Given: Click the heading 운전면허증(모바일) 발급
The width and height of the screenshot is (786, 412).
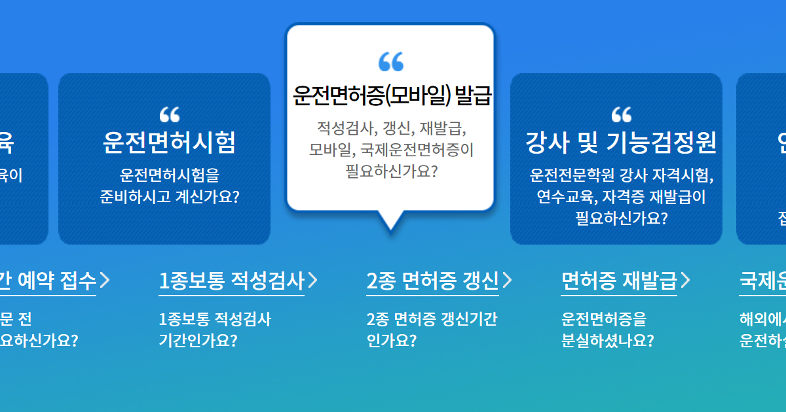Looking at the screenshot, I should tap(392, 96).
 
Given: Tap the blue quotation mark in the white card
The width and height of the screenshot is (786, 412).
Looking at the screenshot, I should tap(391, 61).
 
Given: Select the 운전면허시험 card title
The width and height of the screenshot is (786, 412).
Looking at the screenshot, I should tap(169, 142).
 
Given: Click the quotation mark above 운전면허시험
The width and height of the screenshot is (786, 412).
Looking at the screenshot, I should tap(169, 115).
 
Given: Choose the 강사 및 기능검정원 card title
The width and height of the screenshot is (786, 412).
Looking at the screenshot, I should tap(621, 142).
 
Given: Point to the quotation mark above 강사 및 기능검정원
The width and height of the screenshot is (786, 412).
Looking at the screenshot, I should tap(621, 115).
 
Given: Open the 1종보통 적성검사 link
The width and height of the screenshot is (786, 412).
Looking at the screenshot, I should tap(232, 281).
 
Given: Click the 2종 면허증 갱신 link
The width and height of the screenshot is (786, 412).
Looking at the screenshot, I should tap(432, 281).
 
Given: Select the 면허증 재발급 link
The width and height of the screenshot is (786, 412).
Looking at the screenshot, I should tap(618, 281).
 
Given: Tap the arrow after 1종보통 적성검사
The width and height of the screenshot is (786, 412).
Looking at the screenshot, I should tap(313, 281).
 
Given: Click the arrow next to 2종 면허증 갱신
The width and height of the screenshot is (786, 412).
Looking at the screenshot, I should tap(508, 281).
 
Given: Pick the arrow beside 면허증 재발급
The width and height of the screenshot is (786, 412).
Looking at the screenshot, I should tap(685, 281).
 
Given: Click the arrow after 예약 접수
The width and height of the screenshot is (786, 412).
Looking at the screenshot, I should tap(105, 281).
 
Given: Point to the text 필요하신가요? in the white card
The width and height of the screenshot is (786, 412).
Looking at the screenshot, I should tap(391, 172).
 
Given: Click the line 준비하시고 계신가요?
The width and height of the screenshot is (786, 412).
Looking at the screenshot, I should tap(169, 197).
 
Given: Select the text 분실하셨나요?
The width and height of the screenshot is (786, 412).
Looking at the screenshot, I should tap(607, 341).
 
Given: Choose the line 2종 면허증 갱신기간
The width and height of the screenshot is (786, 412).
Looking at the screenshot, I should tap(431, 320).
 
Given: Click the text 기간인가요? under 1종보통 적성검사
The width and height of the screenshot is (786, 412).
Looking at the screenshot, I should tap(198, 341).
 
